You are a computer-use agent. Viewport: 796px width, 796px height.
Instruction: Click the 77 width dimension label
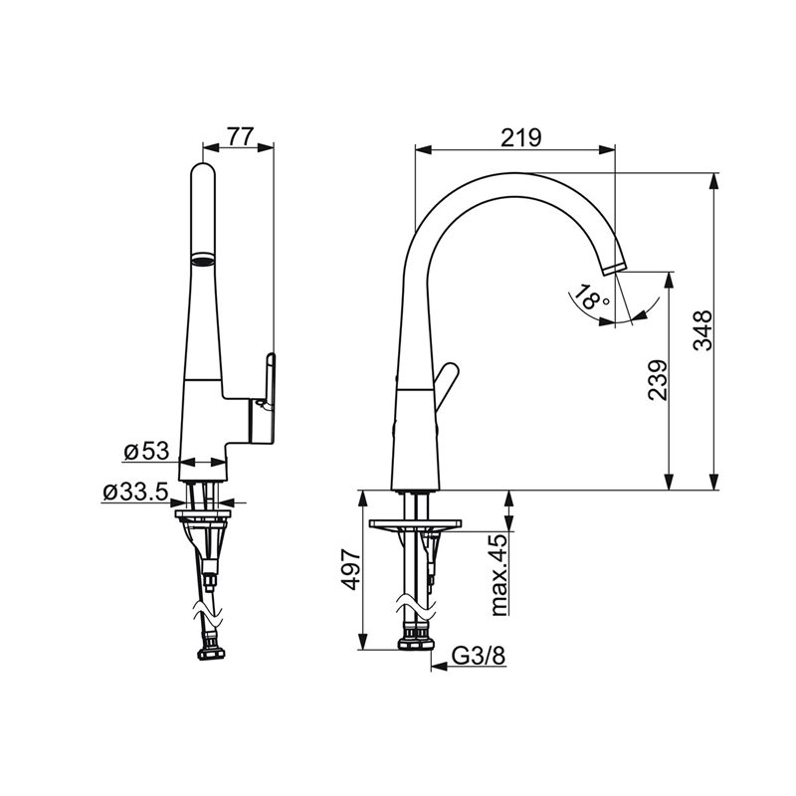pyautogui.click(x=240, y=136)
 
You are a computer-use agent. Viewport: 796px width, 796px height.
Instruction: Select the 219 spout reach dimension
pyautogui.click(x=521, y=137)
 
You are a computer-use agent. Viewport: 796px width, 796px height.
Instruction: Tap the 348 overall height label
pyautogui.click(x=703, y=331)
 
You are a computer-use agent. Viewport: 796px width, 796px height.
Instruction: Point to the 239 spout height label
pyautogui.click(x=659, y=381)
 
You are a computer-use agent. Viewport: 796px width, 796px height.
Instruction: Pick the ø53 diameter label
pyautogui.click(x=146, y=451)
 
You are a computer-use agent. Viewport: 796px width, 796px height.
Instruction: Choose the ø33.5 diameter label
pyautogui.click(x=135, y=492)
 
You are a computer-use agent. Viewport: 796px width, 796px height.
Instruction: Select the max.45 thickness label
pyautogui.click(x=499, y=574)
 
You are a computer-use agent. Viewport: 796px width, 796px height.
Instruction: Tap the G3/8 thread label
pyautogui.click(x=479, y=657)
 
